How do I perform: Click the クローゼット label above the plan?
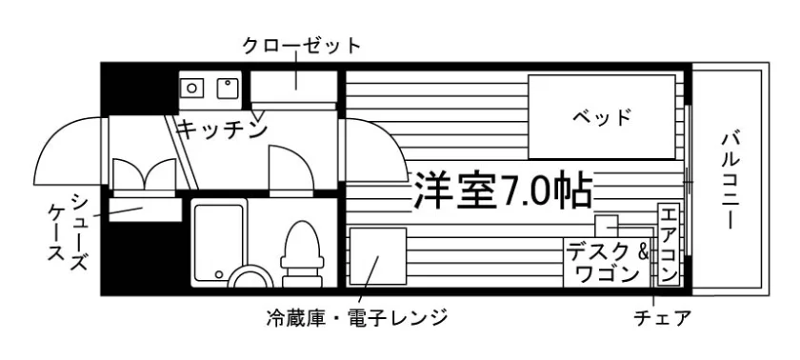pyautogui.click(x=302, y=47)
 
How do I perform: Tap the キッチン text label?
pyautogui.click(x=223, y=130)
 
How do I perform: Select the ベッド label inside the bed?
pyautogui.click(x=602, y=117)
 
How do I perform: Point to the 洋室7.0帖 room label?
pyautogui.click(x=503, y=190)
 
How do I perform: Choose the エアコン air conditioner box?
pyautogui.click(x=669, y=244)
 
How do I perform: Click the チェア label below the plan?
pyautogui.click(x=662, y=318)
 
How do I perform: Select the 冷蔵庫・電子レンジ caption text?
pyautogui.click(x=356, y=318)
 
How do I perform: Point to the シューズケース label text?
pyautogui.click(x=68, y=227)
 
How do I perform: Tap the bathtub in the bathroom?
pyautogui.click(x=219, y=243)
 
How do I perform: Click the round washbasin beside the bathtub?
pyautogui.click(x=250, y=279)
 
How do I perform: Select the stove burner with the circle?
pyautogui.click(x=191, y=88)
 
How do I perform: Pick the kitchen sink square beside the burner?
pyautogui.click(x=229, y=88)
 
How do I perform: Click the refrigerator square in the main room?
pyautogui.click(x=377, y=256)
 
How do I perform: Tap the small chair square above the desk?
pyautogui.click(x=606, y=226)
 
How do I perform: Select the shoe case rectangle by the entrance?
pyautogui.click(x=146, y=210)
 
